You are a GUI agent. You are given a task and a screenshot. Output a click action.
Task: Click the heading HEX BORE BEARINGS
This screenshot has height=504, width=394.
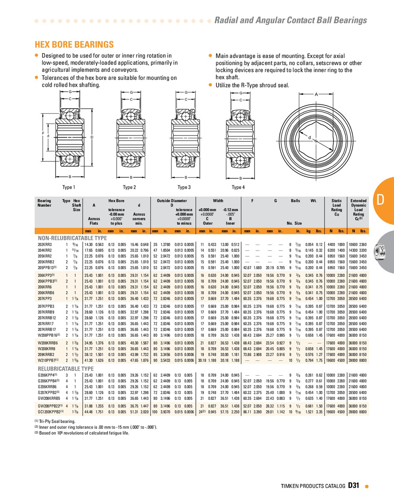(x=74, y=44)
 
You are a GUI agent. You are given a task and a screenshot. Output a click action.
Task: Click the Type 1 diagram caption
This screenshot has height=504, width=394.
(x=69, y=187)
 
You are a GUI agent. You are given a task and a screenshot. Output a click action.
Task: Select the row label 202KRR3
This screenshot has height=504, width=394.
(x=45, y=245)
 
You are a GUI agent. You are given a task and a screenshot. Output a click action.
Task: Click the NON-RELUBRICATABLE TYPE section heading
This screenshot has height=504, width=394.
(x=72, y=238)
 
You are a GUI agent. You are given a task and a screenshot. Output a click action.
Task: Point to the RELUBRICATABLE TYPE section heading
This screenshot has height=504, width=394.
(x=65, y=369)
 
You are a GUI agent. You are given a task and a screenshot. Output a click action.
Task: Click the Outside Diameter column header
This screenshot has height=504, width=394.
(x=172, y=201)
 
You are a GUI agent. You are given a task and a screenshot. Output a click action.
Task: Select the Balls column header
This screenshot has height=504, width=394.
(x=295, y=201)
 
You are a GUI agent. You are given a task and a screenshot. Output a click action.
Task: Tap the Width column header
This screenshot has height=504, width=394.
(x=218, y=201)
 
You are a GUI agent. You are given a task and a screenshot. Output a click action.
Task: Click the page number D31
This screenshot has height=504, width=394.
(x=353, y=485)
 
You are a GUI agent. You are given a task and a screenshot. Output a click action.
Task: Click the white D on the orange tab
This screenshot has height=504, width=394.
(x=381, y=200)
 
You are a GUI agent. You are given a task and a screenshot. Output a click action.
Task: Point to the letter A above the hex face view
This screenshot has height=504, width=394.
(x=316, y=94)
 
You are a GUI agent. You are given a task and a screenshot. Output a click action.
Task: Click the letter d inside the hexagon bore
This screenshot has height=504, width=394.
(x=309, y=137)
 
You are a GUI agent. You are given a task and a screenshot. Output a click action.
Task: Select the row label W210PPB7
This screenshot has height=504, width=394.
(x=48, y=360)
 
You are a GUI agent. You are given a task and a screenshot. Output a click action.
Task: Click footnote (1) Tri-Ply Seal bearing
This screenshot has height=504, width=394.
(x=54, y=422)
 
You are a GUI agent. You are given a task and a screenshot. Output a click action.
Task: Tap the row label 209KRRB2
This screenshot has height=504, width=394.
(x=46, y=354)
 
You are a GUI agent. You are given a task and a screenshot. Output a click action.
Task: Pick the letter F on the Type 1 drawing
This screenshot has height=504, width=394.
(x=43, y=133)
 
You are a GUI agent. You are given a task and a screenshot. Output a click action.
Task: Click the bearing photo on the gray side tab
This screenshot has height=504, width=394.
(x=380, y=251)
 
